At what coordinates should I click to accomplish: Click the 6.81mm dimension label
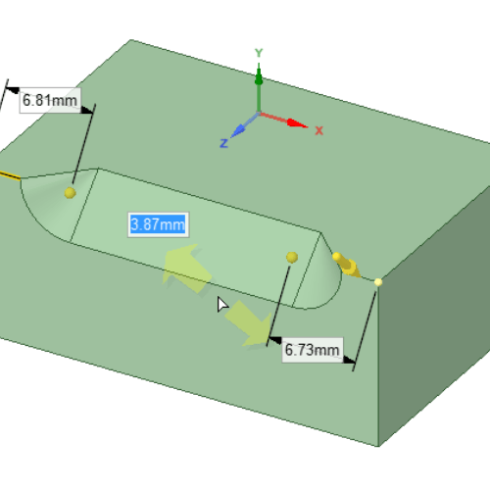50,100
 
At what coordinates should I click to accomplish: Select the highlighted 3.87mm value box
158,224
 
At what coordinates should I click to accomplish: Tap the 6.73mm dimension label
313,350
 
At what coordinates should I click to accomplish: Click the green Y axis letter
259,53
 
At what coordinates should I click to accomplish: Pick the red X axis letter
319,131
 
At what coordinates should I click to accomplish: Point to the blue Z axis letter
223,143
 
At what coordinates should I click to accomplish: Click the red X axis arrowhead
297,123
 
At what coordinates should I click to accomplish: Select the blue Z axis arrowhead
238,130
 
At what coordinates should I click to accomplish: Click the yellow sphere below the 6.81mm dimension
71,193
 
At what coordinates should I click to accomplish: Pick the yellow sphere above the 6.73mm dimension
292,258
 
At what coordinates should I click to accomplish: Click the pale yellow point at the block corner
378,282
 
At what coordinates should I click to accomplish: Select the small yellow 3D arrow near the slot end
347,266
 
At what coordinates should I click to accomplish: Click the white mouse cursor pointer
222,305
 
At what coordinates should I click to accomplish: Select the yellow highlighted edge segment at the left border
10,175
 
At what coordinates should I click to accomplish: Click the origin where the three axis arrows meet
259,114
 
